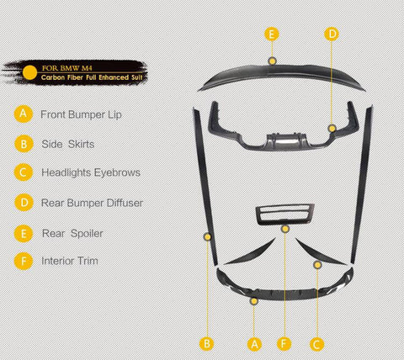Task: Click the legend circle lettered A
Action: (24, 114)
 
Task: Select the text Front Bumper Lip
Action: (81, 114)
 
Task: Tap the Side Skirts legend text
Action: (68, 144)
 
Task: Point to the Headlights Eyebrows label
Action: (91, 172)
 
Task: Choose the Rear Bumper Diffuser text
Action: (92, 203)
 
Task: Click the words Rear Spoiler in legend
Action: (72, 233)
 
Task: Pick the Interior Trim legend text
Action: (70, 261)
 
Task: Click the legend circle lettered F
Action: (24, 261)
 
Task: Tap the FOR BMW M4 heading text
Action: (67, 68)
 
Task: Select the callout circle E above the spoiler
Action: (272, 34)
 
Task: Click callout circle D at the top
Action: (332, 34)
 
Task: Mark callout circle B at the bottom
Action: (207, 344)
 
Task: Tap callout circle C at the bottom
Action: (316, 344)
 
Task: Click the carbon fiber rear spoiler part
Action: (281, 73)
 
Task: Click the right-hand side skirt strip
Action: (362, 185)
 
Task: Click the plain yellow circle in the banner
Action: (29, 72)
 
